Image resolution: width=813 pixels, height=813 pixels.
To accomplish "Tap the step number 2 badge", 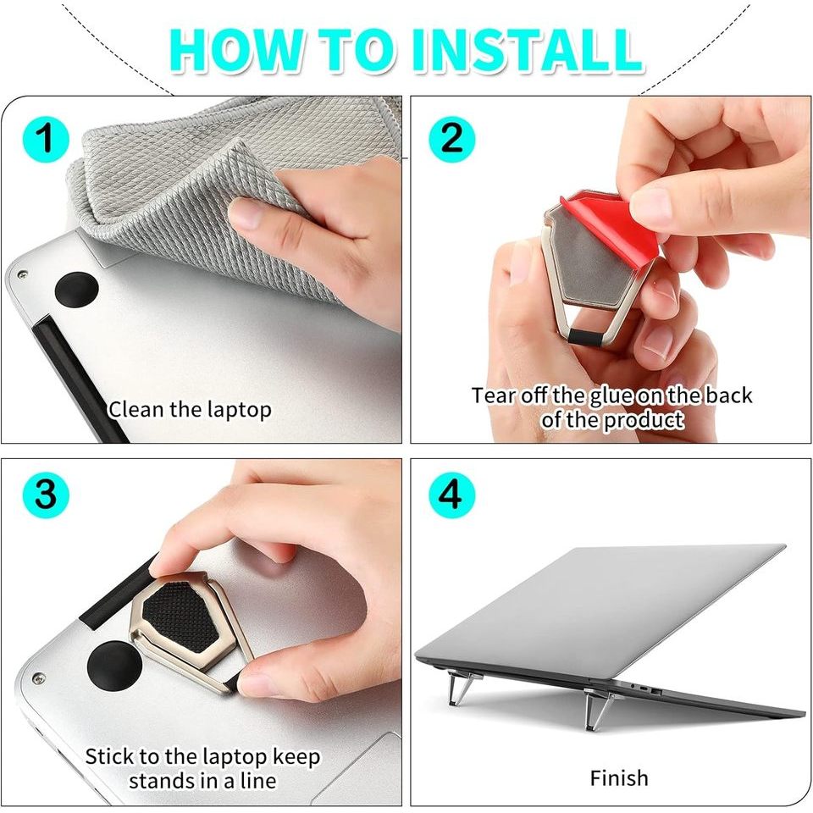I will point(451,138).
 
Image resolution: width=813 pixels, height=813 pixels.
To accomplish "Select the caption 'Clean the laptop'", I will point(189,410).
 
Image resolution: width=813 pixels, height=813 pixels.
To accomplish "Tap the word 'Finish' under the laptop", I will point(619,777).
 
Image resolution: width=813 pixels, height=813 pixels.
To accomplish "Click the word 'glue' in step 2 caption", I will point(619,395).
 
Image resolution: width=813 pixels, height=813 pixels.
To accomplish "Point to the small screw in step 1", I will point(21,275).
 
